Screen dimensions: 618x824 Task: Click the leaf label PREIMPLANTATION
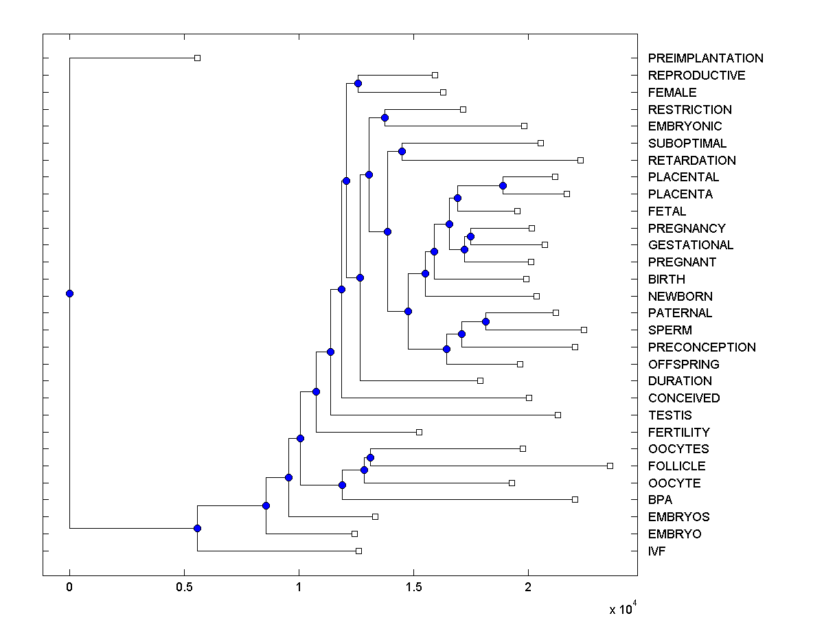pyautogui.click(x=705, y=58)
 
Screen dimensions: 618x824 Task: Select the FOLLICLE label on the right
pyautogui.click(x=676, y=466)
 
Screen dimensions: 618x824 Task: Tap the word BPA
pyautogui.click(x=660, y=500)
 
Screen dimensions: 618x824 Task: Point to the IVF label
pyautogui.click(x=657, y=551)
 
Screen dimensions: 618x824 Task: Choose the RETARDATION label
pyautogui.click(x=691, y=160)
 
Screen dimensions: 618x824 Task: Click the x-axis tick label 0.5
pyautogui.click(x=184, y=588)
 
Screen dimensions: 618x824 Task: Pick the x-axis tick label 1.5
pyautogui.click(x=413, y=588)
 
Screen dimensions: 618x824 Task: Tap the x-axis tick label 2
pyautogui.click(x=528, y=588)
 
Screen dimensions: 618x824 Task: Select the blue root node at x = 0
pyautogui.click(x=69, y=293)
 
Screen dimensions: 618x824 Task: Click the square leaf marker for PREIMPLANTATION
pyautogui.click(x=197, y=58)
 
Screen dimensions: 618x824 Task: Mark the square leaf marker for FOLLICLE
pyautogui.click(x=610, y=466)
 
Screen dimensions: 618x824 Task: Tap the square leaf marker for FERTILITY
pyautogui.click(x=419, y=432)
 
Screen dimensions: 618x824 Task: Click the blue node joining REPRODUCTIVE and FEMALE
pyautogui.click(x=358, y=83)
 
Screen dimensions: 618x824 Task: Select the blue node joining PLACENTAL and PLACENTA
pyautogui.click(x=503, y=185)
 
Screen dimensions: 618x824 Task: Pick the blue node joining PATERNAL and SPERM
pyautogui.click(x=485, y=321)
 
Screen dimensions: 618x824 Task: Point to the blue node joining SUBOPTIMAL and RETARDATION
pyautogui.click(x=402, y=151)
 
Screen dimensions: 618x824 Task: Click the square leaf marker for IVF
pyautogui.click(x=358, y=551)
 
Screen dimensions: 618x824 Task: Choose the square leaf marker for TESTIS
pyautogui.click(x=558, y=415)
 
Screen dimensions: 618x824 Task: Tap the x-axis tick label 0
pyautogui.click(x=69, y=588)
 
